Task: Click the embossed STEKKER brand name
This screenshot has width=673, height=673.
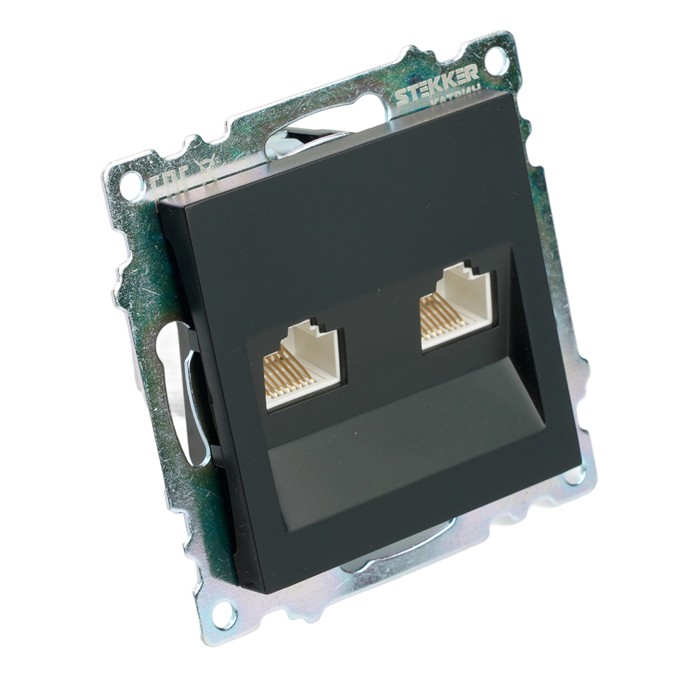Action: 437,87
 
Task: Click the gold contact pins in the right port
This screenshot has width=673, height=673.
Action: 437,316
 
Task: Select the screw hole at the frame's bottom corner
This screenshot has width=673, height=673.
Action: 223,613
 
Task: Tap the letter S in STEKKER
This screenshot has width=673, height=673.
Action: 402,98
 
